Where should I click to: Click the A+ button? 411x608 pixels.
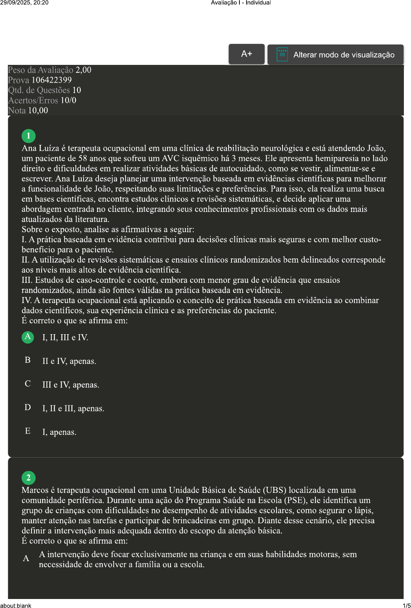(x=247, y=54)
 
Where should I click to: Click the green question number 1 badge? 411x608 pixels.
(x=28, y=136)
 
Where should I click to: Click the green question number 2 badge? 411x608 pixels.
(x=28, y=478)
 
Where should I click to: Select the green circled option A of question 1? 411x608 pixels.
(x=28, y=337)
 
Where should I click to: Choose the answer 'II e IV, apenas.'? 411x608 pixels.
(x=69, y=361)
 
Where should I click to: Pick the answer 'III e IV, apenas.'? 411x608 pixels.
(x=70, y=385)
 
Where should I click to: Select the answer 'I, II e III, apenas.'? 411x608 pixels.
(x=73, y=408)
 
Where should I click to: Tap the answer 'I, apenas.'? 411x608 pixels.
(x=59, y=432)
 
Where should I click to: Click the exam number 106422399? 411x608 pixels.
(x=51, y=80)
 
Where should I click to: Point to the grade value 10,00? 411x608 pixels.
(x=38, y=110)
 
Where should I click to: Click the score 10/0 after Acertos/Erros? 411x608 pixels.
(x=68, y=100)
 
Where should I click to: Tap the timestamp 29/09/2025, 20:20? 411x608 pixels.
(x=24, y=3)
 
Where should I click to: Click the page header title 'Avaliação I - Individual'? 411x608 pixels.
(x=241, y=3)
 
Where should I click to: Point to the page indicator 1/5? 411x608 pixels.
(x=407, y=605)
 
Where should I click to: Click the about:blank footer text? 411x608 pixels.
(x=16, y=605)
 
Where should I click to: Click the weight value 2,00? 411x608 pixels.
(x=83, y=70)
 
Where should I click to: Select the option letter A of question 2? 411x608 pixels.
(x=26, y=558)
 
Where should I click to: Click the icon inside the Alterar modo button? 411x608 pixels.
(x=282, y=54)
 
